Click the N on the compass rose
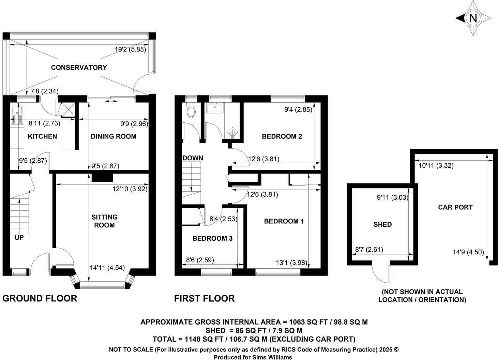[x=473, y=18]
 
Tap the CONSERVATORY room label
[x=79, y=67]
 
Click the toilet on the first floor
[x=192, y=110]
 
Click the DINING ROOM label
[x=114, y=136]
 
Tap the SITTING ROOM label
[x=105, y=221]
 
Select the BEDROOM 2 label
[x=282, y=136]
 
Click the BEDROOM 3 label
[x=212, y=238]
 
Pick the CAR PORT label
[x=455, y=207]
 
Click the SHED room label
[x=382, y=224]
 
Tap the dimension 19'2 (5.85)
[x=130, y=49]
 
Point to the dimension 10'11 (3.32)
[x=436, y=166]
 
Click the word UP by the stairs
[x=19, y=237]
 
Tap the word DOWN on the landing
[x=193, y=158]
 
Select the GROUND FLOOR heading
[x=40, y=298]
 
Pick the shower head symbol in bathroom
[x=232, y=133]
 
